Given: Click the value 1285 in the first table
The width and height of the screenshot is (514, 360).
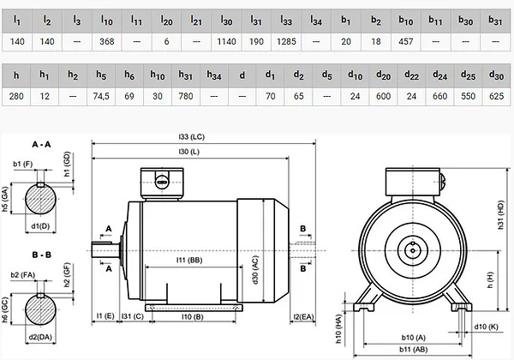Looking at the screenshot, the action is [x=286, y=42].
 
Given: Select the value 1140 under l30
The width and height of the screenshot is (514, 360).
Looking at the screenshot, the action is [x=226, y=42].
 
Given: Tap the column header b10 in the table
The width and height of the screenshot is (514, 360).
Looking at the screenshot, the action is [x=406, y=21].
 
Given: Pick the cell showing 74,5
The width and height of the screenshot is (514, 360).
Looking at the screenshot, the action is [x=101, y=96].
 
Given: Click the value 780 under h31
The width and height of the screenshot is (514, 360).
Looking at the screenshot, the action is [x=186, y=96].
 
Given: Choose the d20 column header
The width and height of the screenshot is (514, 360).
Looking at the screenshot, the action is [x=383, y=75].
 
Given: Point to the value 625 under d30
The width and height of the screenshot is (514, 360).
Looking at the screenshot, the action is [x=496, y=96].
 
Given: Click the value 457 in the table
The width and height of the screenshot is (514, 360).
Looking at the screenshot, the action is [x=406, y=42].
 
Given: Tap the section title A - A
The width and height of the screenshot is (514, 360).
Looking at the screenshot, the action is [x=41, y=144].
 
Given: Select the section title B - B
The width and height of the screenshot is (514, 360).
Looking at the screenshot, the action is [x=42, y=255].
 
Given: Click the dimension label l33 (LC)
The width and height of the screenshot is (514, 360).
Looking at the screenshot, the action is [x=191, y=137].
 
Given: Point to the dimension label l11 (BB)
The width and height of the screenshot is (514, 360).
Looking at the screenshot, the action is [x=189, y=260].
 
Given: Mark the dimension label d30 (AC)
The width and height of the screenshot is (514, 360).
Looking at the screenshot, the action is [x=256, y=270].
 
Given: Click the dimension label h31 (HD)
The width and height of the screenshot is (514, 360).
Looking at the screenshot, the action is [x=500, y=215].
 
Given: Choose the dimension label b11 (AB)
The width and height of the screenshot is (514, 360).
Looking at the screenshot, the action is [x=414, y=350].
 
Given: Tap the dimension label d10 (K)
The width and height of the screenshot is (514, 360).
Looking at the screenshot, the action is [x=486, y=327].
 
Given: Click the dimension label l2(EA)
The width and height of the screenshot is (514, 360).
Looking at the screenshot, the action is [x=303, y=317].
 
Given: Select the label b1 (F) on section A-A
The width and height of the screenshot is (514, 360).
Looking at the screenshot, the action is [x=22, y=164].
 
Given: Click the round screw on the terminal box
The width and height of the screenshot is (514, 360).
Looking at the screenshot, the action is [x=162, y=182].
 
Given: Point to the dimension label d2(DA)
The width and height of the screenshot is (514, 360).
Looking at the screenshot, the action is [x=40, y=337].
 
